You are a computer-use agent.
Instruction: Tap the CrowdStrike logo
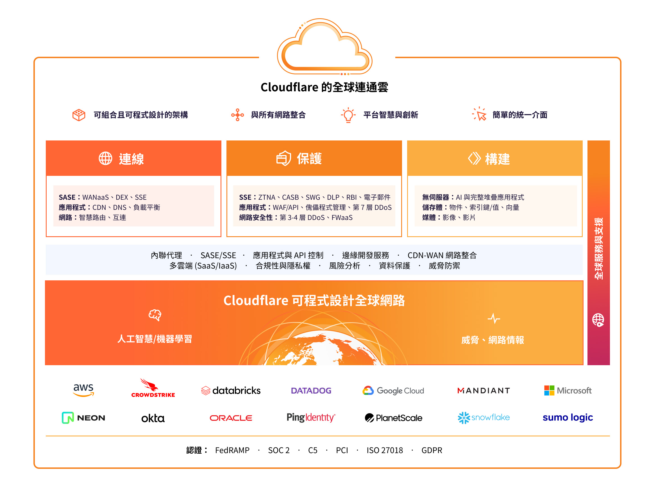coord(153,388)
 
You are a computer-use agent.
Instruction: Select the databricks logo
coord(231,390)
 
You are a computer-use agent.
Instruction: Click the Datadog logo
coord(311,390)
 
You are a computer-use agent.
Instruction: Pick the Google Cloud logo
coord(393,390)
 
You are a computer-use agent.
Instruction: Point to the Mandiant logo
coord(484,390)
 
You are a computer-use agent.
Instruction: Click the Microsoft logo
coord(568,390)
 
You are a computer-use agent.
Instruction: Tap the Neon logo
coord(83,418)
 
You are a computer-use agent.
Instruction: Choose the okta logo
coord(153,418)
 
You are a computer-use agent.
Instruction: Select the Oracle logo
coord(231,418)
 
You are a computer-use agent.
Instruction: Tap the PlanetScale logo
coord(393,418)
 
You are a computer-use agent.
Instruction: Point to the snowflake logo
coord(484,418)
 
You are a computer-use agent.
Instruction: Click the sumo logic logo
coord(568,417)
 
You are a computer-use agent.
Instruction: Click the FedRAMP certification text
coord(232,450)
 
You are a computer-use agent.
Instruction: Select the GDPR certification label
coord(432,450)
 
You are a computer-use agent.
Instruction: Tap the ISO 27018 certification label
coord(385,450)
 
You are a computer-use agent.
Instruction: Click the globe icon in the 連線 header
coord(105,158)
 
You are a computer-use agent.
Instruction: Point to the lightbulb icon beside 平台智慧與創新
coord(348,115)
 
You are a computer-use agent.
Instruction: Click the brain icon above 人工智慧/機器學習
coord(155,315)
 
